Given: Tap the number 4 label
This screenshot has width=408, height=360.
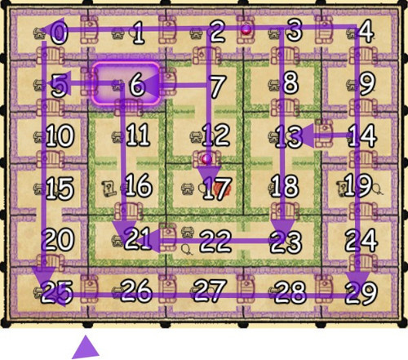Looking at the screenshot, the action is coord(366,32).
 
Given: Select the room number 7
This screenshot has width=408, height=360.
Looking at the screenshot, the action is coord(218,87).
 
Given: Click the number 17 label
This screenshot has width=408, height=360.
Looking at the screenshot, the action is coord(217,189).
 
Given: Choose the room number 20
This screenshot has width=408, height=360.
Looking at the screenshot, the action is coord(59,239).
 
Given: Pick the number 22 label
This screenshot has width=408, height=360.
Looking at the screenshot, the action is coord(215,241).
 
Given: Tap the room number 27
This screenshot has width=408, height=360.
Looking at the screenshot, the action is coord(210,291).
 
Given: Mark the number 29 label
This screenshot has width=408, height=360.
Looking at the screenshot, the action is coord(361,293).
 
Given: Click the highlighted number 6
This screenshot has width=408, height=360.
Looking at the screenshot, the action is coord(137,85).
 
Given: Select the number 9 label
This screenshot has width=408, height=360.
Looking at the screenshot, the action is coord(367,84).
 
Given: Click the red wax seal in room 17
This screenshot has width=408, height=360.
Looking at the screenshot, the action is coord(223,189).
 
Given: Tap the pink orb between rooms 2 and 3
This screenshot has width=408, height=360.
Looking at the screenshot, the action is coord(246,30).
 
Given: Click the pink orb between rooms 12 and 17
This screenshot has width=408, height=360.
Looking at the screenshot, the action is coord(206,158).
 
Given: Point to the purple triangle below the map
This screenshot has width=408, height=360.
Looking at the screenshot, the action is coord(86,347).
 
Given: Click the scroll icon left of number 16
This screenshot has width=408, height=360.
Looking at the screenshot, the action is coord(109,189).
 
